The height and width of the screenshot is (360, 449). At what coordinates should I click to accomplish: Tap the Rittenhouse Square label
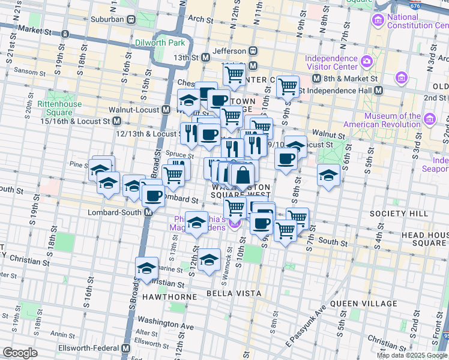55,108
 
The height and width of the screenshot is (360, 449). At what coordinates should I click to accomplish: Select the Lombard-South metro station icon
146,213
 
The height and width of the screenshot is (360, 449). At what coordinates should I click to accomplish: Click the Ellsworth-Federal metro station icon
126,348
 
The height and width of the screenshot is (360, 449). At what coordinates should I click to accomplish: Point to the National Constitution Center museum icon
378,21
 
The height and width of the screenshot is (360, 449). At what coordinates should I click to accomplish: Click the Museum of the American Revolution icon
429,120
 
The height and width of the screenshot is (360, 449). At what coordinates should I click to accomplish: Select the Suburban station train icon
130,19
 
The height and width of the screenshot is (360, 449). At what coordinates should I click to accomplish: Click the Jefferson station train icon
253,51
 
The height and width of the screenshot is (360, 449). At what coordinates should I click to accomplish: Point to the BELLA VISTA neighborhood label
234,293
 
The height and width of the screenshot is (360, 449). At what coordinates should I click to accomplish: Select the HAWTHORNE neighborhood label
169,297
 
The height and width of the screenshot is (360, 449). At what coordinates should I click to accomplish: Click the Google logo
20,353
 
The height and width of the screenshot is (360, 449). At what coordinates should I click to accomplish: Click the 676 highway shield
414,4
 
